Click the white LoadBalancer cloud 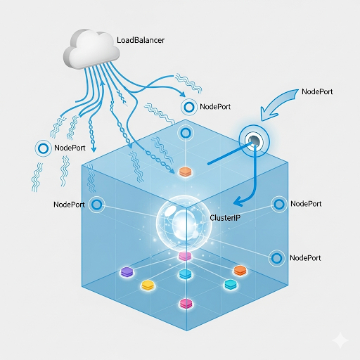(x=91, y=50)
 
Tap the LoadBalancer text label (x=141, y=40)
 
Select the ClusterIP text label (x=225, y=218)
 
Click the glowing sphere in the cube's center (x=184, y=223)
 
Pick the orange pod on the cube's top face (x=186, y=172)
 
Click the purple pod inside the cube (x=127, y=272)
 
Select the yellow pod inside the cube (x=148, y=285)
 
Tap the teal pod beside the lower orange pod (x=231, y=284)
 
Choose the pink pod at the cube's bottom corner (x=186, y=304)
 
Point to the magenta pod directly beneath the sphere (x=185, y=256)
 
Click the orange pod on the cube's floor (x=240, y=270)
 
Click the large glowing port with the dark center (x=255, y=141)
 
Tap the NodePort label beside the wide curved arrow (x=317, y=91)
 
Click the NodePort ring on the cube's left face (x=97, y=205)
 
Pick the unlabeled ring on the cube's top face (x=186, y=134)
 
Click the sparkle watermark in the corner (x=340, y=340)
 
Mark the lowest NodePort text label (x=305, y=258)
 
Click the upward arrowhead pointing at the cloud (x=102, y=84)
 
